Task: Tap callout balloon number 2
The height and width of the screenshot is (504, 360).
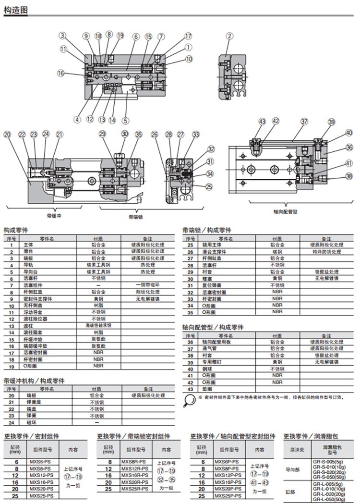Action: pyautogui.click(x=230, y=36)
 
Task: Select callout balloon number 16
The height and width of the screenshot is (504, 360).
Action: pyautogui.click(x=60, y=73)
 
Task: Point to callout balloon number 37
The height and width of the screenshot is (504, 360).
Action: pyautogui.click(x=304, y=122)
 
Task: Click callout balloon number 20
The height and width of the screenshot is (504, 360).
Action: pyautogui.click(x=7, y=135)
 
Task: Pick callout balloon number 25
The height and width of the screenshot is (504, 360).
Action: pyautogui.click(x=209, y=187)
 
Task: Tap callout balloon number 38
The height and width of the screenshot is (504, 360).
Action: pyautogui.click(x=349, y=177)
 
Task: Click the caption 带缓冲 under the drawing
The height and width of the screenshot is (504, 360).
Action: pyautogui.click(x=54, y=216)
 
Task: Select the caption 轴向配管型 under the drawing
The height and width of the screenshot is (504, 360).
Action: pyautogui.click(x=285, y=211)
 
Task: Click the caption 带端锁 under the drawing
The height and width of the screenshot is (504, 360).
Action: pyautogui.click(x=136, y=217)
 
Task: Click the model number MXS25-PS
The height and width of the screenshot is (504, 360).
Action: pyautogui.click(x=42, y=494)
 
